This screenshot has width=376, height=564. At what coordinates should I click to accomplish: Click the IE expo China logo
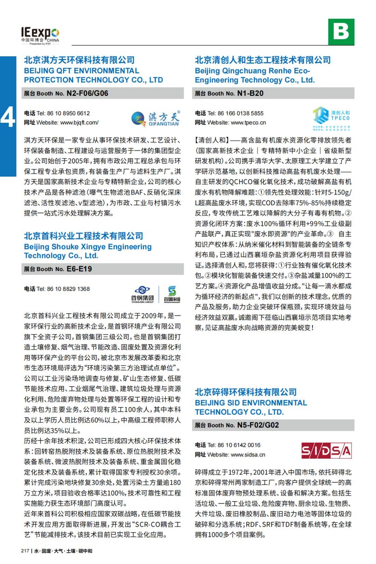pyautogui.click(x=40, y=36)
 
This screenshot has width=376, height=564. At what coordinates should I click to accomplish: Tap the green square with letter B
pyautogui.click(x=341, y=32)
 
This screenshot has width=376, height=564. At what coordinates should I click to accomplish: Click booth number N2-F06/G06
pyautogui.click(x=87, y=93)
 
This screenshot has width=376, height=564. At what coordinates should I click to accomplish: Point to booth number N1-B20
pyautogui.click(x=250, y=93)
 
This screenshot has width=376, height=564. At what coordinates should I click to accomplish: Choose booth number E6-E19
pyautogui.click(x=79, y=269)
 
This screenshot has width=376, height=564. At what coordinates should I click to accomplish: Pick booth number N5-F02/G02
pyautogui.click(x=258, y=425)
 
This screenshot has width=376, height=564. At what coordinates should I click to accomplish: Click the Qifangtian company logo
pyautogui.click(x=155, y=118)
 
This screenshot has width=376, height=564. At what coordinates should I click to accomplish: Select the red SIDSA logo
pyautogui.click(x=326, y=450)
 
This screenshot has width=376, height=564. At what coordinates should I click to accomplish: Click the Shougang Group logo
pyautogui.click(x=142, y=294)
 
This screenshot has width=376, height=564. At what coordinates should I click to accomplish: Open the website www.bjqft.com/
pyautogui.click(x=79, y=123)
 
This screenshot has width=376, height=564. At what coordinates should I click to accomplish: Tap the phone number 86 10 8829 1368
pyautogui.click(x=68, y=289)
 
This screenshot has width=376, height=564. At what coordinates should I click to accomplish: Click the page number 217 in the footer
pyautogui.click(x=25, y=551)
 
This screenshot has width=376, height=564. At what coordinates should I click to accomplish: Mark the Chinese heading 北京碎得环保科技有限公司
pyautogui.click(x=246, y=392)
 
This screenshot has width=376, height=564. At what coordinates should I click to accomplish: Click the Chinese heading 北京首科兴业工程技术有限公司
pyautogui.click(x=84, y=236)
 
